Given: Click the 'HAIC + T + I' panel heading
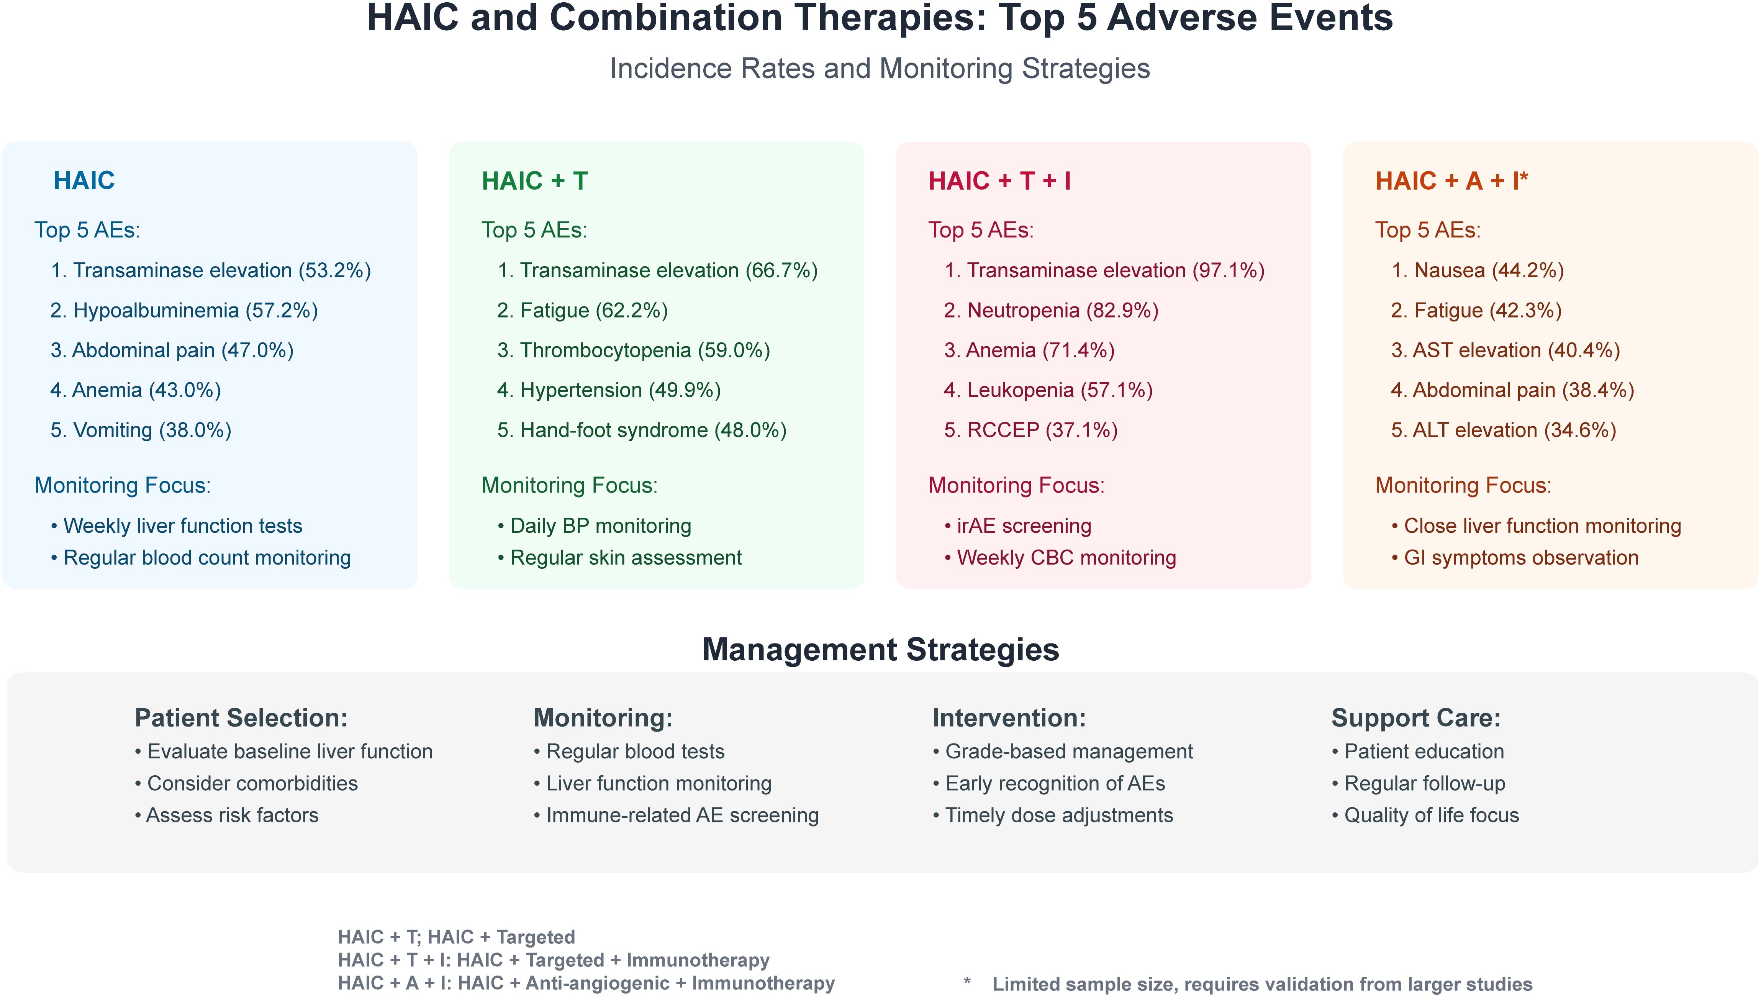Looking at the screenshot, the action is [x=999, y=181].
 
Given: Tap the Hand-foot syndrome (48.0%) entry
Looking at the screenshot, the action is [x=642, y=430].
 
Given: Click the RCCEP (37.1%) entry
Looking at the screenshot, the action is [x=1030, y=430].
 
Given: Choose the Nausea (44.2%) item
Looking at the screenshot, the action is [x=1478, y=270].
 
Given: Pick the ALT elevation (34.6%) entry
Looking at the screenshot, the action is [x=1504, y=430].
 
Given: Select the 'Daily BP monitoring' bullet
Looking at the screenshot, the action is [x=594, y=526].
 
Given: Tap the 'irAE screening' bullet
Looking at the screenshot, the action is [x=1017, y=526].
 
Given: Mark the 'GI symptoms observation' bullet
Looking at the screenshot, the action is [x=1515, y=557].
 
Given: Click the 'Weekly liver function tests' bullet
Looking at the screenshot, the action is [x=176, y=526].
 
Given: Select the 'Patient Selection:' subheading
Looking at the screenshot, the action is [x=241, y=718].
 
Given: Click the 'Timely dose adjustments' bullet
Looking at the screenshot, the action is [x=1052, y=815].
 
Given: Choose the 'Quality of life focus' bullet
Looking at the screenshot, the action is [x=1425, y=815].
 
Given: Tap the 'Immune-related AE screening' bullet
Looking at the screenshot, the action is [x=676, y=815].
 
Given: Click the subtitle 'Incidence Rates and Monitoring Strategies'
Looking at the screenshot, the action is [x=880, y=69].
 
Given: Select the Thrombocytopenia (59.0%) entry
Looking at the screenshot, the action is [x=633, y=350].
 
